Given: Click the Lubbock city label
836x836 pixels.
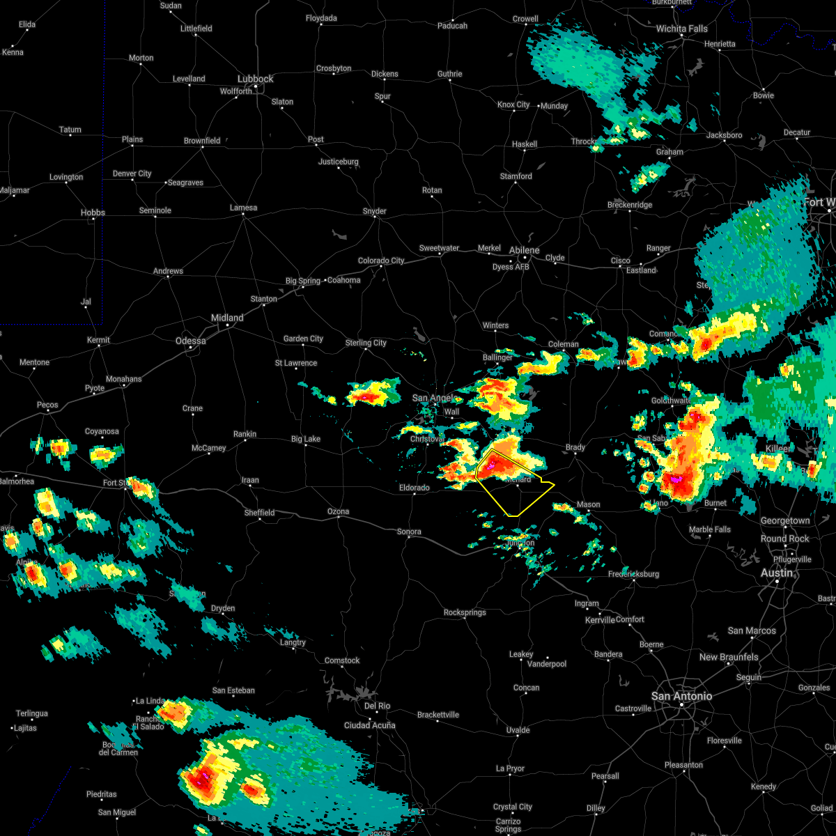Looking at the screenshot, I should click(x=256, y=79).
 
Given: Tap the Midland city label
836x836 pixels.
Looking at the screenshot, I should click(x=227, y=318).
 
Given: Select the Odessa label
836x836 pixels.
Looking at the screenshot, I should click(x=190, y=341).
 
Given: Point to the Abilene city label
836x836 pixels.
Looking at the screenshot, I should click(x=524, y=250).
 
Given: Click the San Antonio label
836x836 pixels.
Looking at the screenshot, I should click(x=681, y=696).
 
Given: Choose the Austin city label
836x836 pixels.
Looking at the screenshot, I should click(x=777, y=573).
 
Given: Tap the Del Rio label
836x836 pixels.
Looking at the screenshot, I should click(x=378, y=706).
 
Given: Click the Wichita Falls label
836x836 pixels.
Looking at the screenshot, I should click(x=681, y=29).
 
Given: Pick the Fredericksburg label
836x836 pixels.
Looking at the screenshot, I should click(x=633, y=574).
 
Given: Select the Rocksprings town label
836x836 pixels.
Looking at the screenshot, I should click(x=465, y=612).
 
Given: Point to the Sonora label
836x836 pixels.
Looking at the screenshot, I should click(x=409, y=532).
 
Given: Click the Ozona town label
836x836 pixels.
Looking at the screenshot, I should click(x=338, y=511).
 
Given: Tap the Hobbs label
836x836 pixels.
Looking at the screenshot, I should click(x=93, y=212).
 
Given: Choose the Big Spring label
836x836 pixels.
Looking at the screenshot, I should click(x=303, y=281).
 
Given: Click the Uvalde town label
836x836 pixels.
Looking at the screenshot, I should click(x=518, y=730).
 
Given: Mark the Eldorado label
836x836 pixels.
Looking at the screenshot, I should click(x=414, y=488).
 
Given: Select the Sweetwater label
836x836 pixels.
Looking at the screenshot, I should click(x=439, y=248).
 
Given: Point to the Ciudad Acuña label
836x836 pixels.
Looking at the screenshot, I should click(x=369, y=725).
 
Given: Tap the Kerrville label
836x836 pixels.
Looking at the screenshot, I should click(x=600, y=620).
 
